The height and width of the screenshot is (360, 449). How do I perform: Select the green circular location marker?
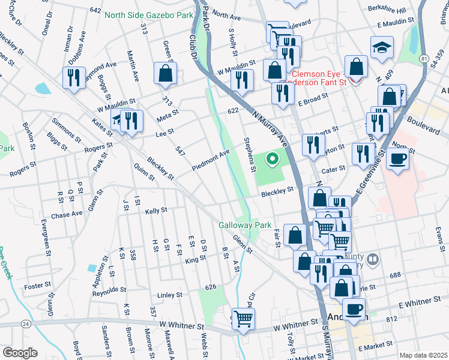pyautogui.click(x=272, y=159)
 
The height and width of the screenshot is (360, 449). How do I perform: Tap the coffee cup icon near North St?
pyautogui.click(x=397, y=159)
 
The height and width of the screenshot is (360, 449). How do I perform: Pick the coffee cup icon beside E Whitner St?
pyautogui.click(x=354, y=309)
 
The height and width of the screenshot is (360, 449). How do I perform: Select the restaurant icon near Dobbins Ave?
pyautogui.click(x=74, y=78)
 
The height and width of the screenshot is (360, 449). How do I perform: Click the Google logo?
pyautogui.click(x=20, y=353)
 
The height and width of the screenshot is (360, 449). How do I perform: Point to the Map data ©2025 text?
pyautogui.click(x=423, y=355)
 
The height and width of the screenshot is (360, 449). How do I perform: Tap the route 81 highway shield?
pyautogui.click(x=424, y=59)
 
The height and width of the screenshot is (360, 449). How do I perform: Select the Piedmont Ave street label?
pyautogui.click(x=211, y=160)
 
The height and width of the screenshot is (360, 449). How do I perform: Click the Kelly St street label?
pyautogui.click(x=155, y=211)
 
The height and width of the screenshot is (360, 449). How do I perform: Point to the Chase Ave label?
pyautogui.click(x=67, y=214)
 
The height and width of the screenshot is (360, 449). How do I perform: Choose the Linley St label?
pyautogui.click(x=169, y=295)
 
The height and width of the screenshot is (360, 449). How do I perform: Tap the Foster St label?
pyautogui.click(x=38, y=286)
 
